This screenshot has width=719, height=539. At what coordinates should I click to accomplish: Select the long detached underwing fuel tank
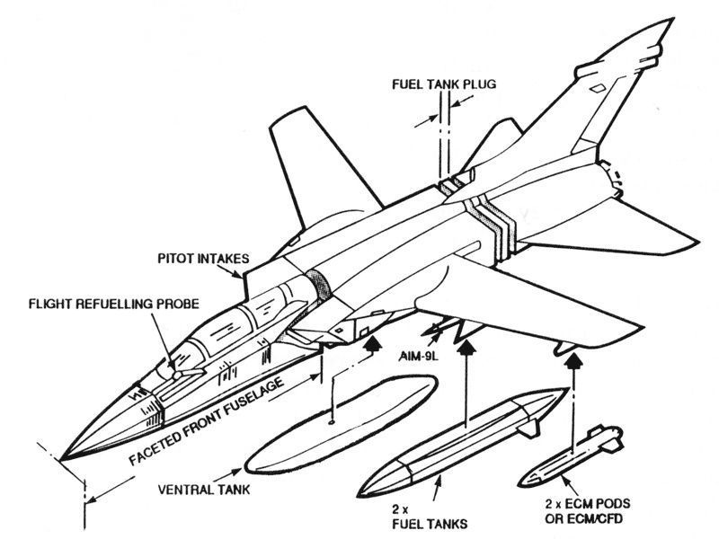coord(467,437)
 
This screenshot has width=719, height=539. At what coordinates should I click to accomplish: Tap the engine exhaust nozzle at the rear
coord(609,179)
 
